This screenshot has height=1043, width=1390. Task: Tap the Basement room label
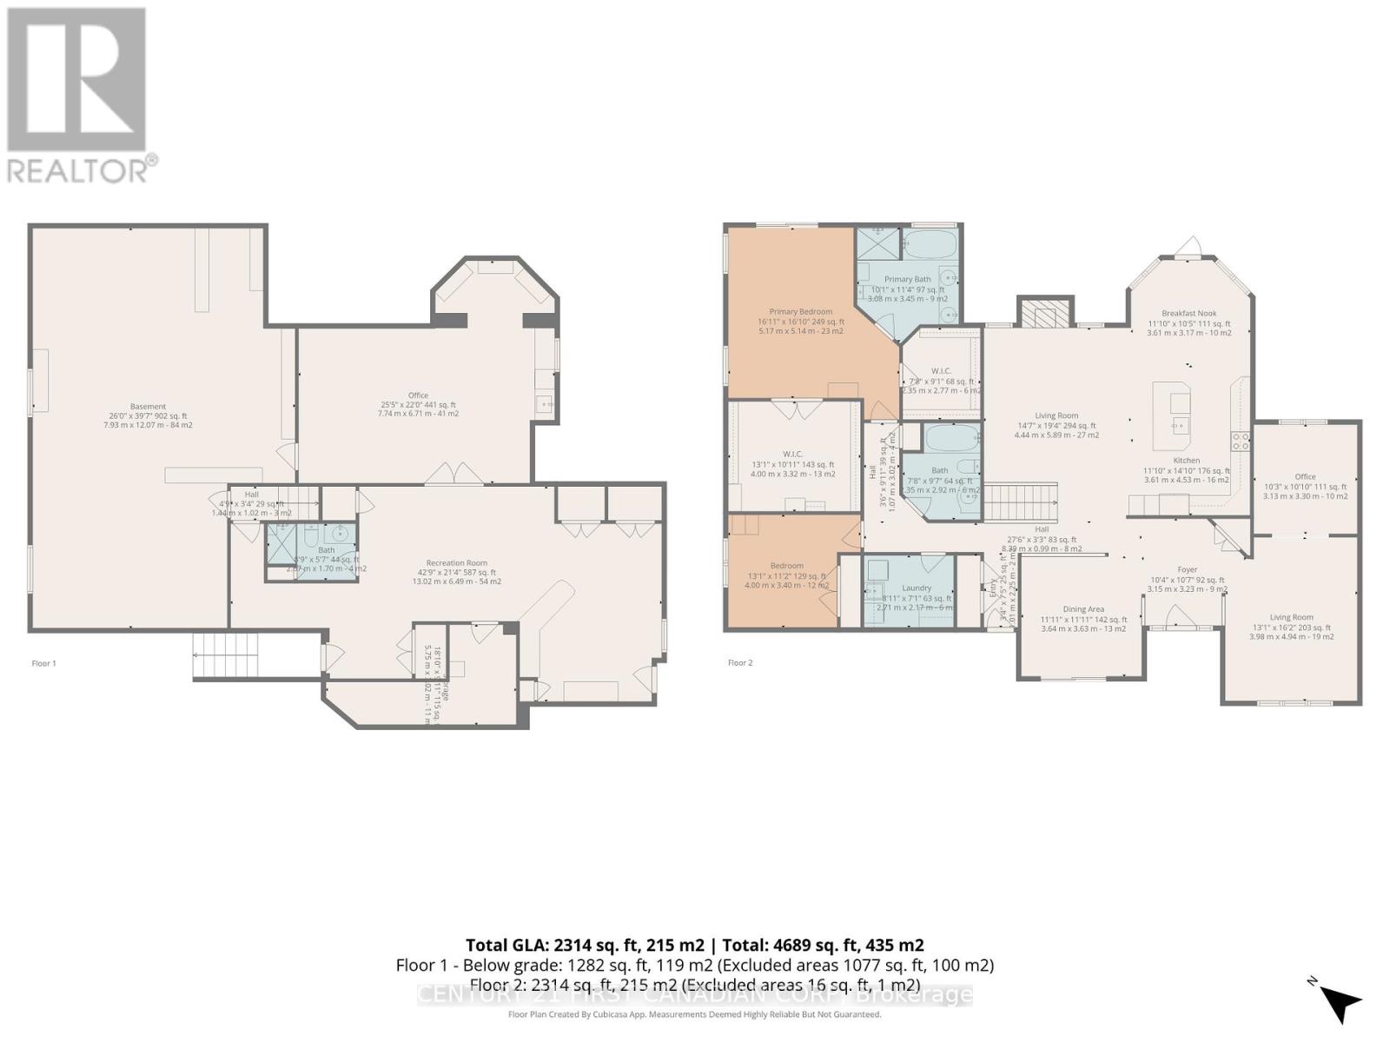148,407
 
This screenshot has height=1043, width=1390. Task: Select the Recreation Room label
456,563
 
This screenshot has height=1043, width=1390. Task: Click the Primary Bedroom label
800,312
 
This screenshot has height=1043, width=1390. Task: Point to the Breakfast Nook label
1188,314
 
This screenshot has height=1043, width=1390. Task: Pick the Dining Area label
1083,609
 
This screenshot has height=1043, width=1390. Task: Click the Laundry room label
917,588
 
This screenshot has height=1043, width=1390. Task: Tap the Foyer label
1187,570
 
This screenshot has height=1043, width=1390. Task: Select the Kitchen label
1186,461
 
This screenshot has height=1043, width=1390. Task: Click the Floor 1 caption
43,663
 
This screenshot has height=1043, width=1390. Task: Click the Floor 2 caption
740,663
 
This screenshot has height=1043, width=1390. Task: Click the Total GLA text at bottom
695,945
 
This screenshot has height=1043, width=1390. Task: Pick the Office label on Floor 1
418,395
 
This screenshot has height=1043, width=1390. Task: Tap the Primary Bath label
907,280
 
